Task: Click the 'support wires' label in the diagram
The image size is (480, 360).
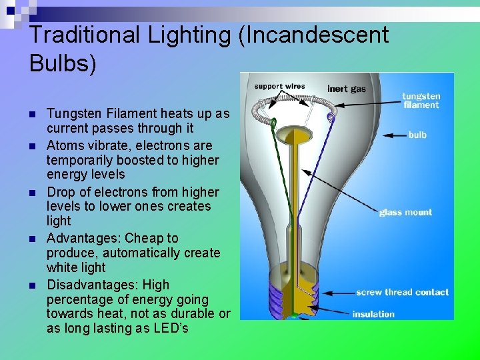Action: click(279, 86)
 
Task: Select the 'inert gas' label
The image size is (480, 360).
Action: click(347, 89)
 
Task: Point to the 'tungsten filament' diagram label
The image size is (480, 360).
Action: click(421, 101)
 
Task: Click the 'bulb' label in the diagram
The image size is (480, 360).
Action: click(417, 135)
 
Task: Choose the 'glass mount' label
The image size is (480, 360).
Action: click(405, 213)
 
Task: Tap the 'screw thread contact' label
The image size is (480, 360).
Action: click(402, 292)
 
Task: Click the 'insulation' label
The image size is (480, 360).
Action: click(373, 314)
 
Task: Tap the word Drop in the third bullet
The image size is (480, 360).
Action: click(60, 192)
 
